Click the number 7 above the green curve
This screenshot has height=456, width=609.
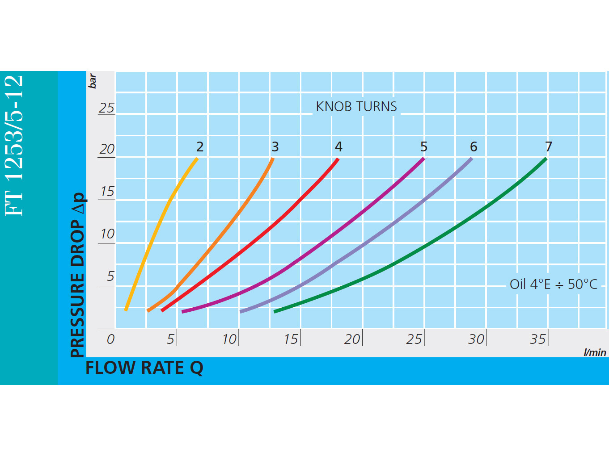(x=549, y=146)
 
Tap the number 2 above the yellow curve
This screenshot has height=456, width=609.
(x=200, y=146)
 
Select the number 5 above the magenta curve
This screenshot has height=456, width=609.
(x=424, y=146)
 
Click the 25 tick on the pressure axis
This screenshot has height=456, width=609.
(x=106, y=108)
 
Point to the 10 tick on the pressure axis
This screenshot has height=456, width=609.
(x=107, y=234)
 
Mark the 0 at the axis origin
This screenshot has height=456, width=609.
(x=110, y=339)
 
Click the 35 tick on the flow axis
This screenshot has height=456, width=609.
(x=538, y=339)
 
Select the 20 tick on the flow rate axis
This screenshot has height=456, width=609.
(x=352, y=339)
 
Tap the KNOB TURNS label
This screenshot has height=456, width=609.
(x=356, y=107)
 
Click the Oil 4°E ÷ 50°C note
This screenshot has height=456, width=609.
(x=554, y=284)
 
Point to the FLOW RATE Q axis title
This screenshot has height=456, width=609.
(x=144, y=368)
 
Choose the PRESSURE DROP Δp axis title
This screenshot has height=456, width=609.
(x=78, y=275)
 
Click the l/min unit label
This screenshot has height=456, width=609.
(x=595, y=352)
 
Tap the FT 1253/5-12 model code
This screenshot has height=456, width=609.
(x=14, y=145)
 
